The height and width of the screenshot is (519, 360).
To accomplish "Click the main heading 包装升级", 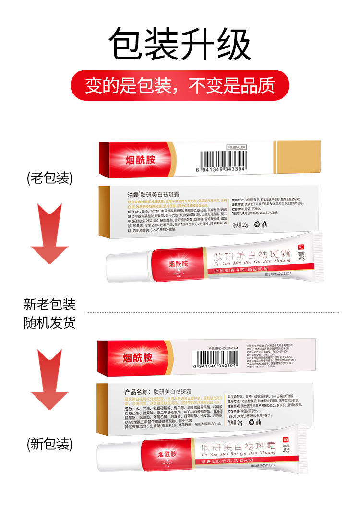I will point(180,45).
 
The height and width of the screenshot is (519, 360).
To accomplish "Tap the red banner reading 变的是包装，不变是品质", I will point(180,85).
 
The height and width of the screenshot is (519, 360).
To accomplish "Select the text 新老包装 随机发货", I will point(50,313).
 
